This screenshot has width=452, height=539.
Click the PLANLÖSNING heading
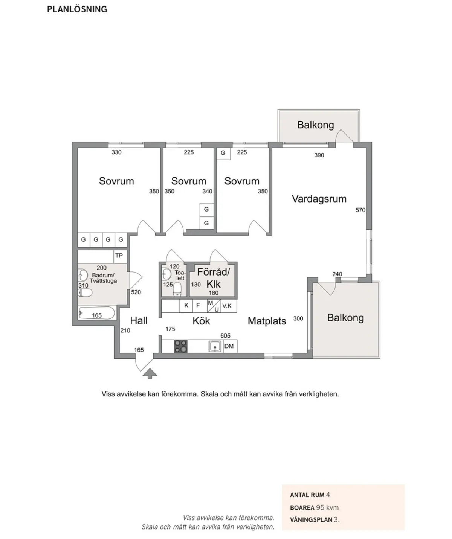(77, 9)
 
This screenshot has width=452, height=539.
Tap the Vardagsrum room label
(319, 199)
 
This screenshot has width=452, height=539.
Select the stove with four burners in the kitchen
(181, 346)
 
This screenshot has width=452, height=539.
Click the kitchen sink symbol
(215, 346)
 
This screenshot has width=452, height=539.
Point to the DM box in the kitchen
(229, 346)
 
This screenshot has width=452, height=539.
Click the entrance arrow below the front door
(150, 373)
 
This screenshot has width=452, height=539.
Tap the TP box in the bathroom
(119, 256)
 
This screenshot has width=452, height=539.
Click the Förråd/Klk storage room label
(213, 278)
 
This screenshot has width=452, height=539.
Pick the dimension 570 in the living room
(360, 210)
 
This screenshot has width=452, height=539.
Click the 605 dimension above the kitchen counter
(225, 336)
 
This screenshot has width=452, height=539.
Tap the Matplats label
(267, 321)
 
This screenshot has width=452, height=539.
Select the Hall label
(139, 321)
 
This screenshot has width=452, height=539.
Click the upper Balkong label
(315, 125)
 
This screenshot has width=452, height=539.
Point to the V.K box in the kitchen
(227, 306)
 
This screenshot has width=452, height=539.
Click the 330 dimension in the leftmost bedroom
(116, 152)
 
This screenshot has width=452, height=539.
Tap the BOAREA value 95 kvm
(327, 507)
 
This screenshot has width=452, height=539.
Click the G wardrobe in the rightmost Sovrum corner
(223, 153)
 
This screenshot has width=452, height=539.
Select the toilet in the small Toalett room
(177, 289)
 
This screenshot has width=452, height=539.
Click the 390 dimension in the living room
(319, 155)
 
